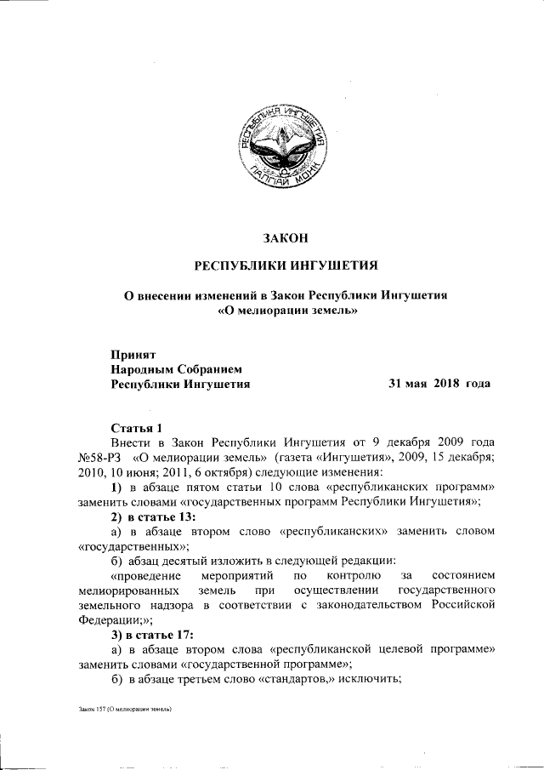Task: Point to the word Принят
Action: (133, 353)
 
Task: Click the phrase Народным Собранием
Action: (177, 368)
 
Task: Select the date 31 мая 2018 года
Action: (439, 384)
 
